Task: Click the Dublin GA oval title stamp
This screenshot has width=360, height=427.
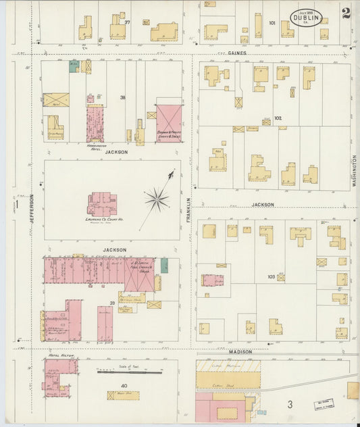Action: (306, 18)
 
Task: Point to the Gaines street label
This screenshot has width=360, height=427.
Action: (236, 52)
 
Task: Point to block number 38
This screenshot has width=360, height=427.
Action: (123, 98)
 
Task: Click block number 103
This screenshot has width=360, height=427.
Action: (272, 276)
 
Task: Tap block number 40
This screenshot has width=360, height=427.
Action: (124, 386)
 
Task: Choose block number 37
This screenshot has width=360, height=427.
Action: (127, 22)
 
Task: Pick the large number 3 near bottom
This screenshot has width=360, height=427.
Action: (289, 404)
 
